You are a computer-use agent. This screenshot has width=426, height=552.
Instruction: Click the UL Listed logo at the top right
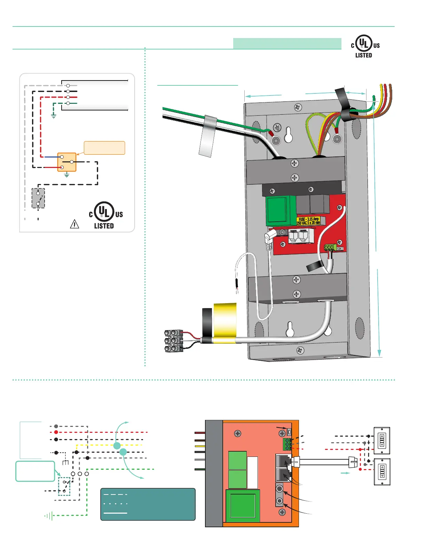click(x=365, y=46)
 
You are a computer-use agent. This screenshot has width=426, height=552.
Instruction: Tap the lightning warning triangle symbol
click(x=74, y=224)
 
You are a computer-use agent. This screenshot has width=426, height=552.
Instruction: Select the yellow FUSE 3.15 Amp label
click(x=309, y=221)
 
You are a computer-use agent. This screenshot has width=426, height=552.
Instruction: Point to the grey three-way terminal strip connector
click(x=174, y=341)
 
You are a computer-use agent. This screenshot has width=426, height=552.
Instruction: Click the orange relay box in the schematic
click(x=66, y=162)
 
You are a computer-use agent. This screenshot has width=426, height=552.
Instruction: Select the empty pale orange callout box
click(x=104, y=148)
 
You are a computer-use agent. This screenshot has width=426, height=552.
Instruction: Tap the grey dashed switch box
click(x=38, y=198)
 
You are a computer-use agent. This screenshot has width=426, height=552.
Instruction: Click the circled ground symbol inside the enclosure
click(x=277, y=127)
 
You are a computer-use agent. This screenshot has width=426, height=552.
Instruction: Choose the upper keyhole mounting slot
click(x=289, y=135)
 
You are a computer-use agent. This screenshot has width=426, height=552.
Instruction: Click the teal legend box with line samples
click(x=148, y=504)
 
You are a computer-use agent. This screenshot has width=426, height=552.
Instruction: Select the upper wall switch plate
click(x=382, y=440)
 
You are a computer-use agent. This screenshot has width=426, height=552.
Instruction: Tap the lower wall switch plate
click(x=382, y=472)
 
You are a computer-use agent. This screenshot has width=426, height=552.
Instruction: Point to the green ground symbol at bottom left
click(x=49, y=516)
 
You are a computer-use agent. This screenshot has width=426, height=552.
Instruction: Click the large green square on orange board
click(x=243, y=506)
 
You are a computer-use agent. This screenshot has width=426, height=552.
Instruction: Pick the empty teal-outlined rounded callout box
click(x=35, y=471)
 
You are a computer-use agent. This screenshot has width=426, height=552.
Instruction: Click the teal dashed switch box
click(x=64, y=486)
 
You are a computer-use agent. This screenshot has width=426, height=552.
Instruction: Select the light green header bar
click(x=287, y=44)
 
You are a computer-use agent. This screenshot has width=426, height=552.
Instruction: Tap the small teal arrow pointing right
click(x=345, y=473)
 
